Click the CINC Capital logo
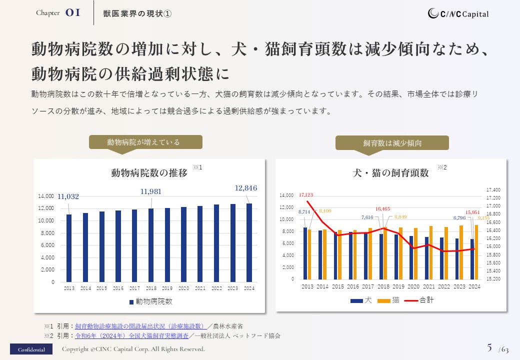458,14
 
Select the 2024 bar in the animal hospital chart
249,242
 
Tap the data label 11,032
68,196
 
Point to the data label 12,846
246,188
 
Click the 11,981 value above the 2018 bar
151,191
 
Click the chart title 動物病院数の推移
149,173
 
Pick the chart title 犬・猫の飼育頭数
391,173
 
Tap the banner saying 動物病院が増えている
145,142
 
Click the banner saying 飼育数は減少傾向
392,143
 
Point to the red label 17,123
306,195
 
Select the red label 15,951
472,212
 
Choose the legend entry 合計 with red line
420,300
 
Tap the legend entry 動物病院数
151,301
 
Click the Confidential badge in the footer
31,349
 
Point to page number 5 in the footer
489,347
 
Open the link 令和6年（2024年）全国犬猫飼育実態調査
132,335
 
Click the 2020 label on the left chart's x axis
183,288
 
